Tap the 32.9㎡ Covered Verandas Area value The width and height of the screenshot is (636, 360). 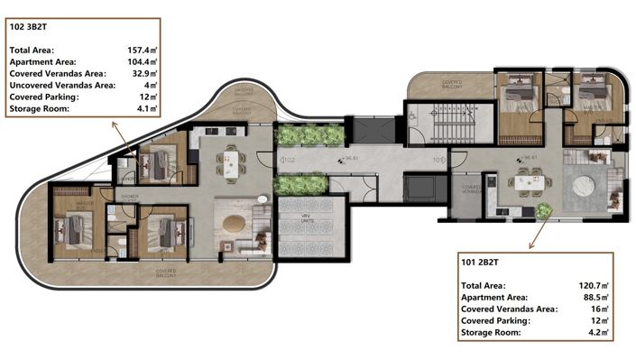(x=143, y=73)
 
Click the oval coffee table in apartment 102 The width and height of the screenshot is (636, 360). (x=233, y=223)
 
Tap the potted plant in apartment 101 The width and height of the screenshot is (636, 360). (x=543, y=211)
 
